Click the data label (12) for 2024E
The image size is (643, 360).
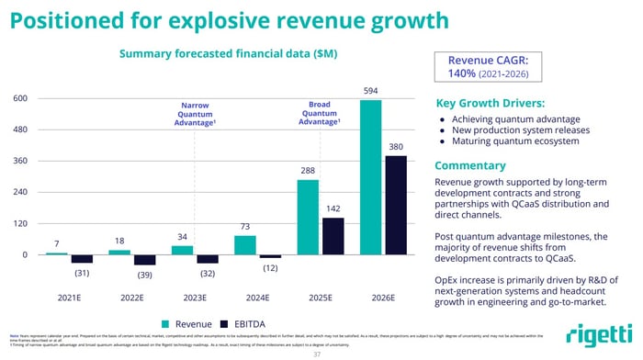click(x=269, y=267)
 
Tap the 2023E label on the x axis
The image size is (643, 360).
click(x=195, y=298)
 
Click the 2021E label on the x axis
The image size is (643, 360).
click(x=69, y=298)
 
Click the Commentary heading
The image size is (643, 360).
click(x=470, y=165)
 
